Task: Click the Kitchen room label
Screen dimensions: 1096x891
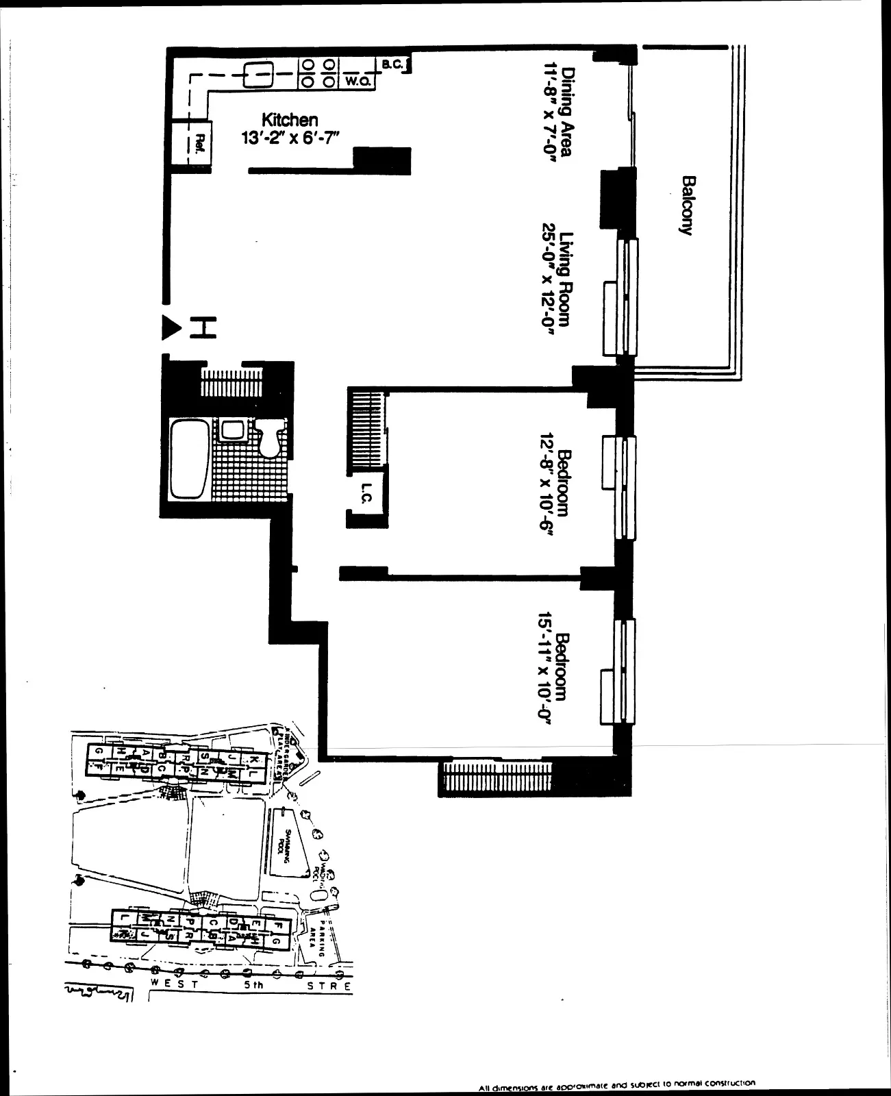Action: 289,120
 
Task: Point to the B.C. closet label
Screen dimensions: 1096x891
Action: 392,64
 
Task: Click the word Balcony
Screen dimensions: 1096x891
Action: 686,206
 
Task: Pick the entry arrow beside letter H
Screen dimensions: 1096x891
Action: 169,327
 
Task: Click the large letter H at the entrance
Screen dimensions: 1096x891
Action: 203,328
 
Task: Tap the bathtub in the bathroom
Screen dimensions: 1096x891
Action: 188,459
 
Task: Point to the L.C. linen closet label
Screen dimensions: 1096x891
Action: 366,494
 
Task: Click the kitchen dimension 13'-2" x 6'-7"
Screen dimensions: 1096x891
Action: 289,138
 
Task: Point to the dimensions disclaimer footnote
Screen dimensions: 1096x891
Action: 616,1084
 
